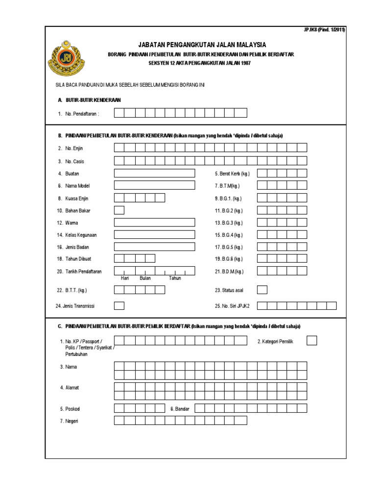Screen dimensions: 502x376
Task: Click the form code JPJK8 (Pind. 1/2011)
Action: click(x=325, y=30)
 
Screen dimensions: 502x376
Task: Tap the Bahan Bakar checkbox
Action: click(x=119, y=210)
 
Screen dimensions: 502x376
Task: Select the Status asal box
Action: click(x=262, y=290)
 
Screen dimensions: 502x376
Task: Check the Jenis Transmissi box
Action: click(x=119, y=306)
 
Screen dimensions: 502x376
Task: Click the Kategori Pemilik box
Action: click(x=312, y=341)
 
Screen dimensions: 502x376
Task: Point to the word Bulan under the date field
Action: click(x=145, y=278)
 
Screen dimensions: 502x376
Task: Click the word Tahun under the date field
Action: click(x=175, y=278)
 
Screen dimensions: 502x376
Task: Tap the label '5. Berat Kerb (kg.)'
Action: click(x=233, y=174)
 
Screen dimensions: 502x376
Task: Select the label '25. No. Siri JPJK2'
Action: click(x=233, y=306)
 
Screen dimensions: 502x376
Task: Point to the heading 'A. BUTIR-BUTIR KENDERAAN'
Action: click(x=89, y=100)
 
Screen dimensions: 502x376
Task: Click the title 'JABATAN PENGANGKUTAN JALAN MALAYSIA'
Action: click(x=202, y=45)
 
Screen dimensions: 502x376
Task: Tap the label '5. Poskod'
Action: click(x=70, y=408)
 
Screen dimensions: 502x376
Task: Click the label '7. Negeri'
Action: click(x=69, y=421)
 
